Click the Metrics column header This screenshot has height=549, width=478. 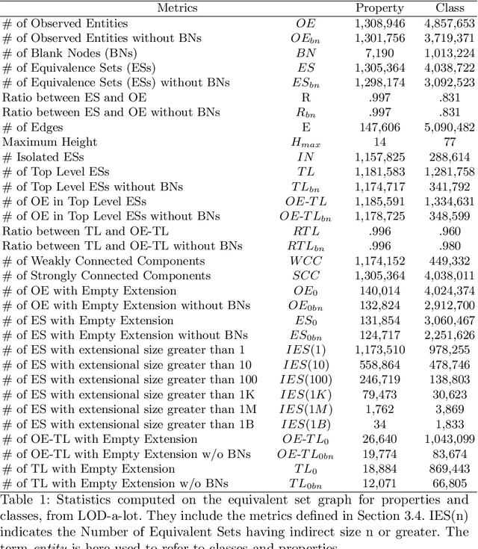[177, 8]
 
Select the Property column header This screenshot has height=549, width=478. [379, 8]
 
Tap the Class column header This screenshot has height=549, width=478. [450, 8]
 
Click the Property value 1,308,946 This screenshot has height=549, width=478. [380, 23]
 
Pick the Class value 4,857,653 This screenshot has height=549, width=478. [449, 23]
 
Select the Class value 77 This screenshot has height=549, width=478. [450, 142]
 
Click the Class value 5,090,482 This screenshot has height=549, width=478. [449, 127]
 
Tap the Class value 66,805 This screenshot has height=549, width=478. [450, 484]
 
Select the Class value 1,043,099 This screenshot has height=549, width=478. [449, 439]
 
